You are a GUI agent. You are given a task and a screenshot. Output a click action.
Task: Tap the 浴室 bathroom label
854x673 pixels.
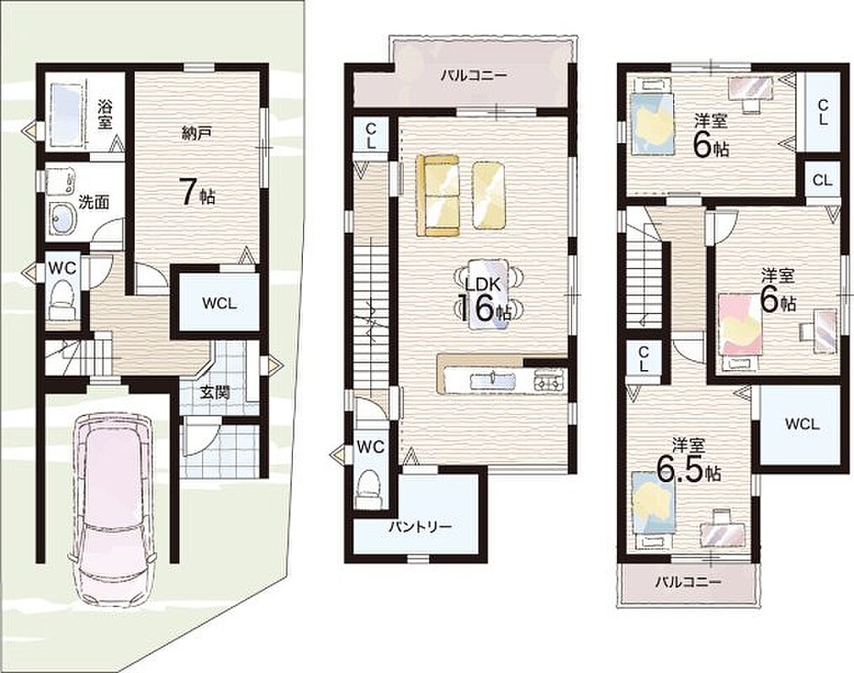(x=105, y=114)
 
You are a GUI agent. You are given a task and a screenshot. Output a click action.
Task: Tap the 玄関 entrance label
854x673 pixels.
(x=214, y=392)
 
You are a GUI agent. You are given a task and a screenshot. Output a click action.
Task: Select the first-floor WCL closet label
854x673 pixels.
(x=220, y=304)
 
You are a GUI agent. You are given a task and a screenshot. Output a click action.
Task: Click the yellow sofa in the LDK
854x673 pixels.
(x=438, y=195)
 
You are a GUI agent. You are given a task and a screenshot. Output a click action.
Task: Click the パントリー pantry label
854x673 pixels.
(x=420, y=527)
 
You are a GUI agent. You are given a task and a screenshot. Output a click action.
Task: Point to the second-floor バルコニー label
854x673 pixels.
(x=474, y=75)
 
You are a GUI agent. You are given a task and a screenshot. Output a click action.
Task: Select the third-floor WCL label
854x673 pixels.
(x=802, y=424)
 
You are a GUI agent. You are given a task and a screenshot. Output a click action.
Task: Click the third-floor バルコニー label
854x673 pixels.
(x=688, y=581)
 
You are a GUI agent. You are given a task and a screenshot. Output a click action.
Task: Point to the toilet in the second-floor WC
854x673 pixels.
(x=370, y=489)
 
